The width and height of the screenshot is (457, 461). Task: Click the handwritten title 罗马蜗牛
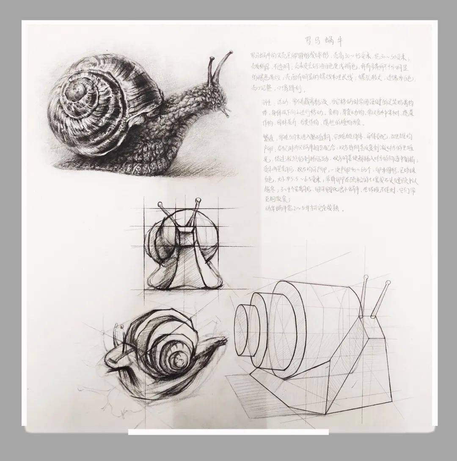tap(323, 41)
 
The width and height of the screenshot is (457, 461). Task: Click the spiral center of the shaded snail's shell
tap(76, 90)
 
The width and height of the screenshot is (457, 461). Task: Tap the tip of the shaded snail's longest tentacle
tap(231, 52)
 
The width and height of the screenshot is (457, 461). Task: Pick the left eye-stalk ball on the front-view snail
tap(161, 205)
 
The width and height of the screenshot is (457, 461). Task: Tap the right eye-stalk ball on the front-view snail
tap(198, 200)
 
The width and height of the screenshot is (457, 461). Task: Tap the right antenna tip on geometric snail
tap(388, 283)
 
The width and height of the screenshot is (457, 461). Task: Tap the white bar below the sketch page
tap(228, 432)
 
